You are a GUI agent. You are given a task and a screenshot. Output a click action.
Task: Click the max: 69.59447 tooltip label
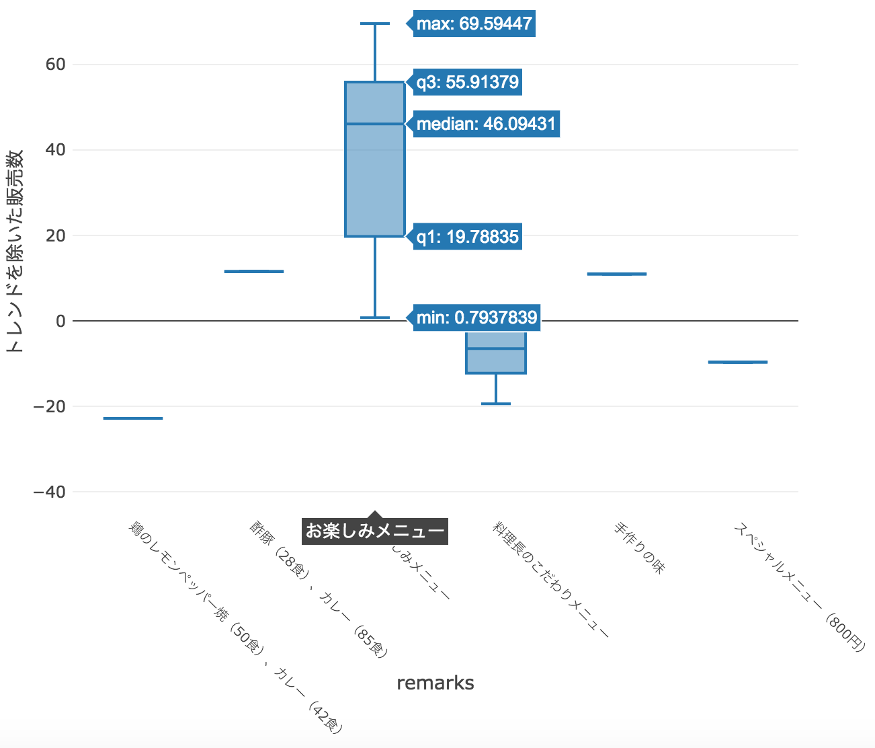[x=474, y=24]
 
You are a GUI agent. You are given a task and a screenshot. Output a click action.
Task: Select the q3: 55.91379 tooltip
[x=467, y=82]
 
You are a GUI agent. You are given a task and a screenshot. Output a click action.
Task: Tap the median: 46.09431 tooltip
[x=486, y=124]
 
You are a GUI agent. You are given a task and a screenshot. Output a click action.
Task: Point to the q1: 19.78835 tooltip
[x=467, y=237]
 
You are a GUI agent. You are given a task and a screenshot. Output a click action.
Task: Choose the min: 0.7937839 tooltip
[x=476, y=317]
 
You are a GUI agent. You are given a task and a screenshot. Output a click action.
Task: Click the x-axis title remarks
[x=435, y=683]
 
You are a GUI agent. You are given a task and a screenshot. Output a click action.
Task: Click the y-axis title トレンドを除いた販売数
[x=15, y=250]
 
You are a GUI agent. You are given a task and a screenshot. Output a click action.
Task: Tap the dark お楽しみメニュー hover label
[x=375, y=531]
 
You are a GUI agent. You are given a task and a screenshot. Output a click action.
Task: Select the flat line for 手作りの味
[x=617, y=274]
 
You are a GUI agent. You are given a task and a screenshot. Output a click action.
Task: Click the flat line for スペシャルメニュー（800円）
[x=738, y=362]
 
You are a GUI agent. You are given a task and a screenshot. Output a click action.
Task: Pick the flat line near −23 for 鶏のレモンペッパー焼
[x=133, y=418]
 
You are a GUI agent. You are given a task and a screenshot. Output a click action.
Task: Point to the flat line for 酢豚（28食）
[x=254, y=271]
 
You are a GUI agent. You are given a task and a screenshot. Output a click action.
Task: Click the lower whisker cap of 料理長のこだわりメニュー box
[x=496, y=404]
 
